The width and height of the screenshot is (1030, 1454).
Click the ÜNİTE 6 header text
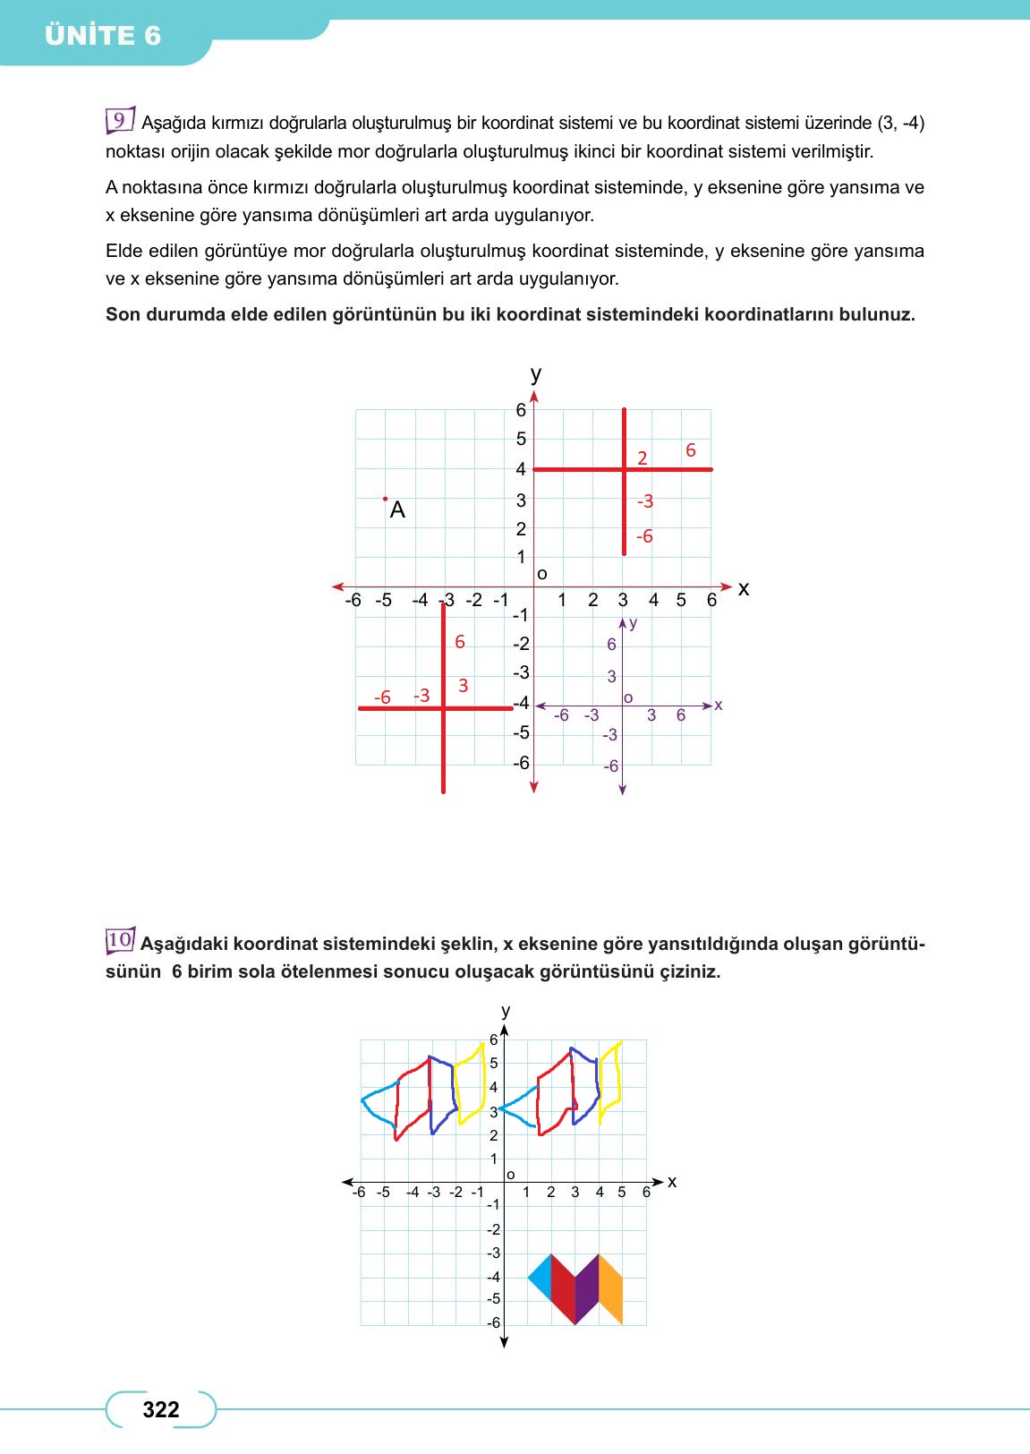tap(103, 36)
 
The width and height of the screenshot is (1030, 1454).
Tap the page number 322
tap(161, 1409)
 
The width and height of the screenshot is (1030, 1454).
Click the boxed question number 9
tap(119, 121)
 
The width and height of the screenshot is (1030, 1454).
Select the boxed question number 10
tap(120, 940)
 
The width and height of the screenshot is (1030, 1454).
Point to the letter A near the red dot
tap(398, 510)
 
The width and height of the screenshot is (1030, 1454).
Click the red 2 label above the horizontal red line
tap(642, 458)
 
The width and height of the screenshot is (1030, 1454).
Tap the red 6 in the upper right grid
tap(690, 450)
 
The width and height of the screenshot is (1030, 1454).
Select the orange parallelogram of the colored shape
tap(610, 1289)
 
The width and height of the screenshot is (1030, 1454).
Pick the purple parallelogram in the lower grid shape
tap(586, 1289)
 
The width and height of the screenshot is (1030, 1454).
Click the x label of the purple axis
tap(719, 706)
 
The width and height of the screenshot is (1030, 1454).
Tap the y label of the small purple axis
tap(634, 622)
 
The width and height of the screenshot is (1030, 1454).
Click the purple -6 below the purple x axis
tap(610, 766)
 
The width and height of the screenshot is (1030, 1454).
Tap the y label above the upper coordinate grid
tap(535, 374)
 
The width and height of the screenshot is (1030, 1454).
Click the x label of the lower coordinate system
tap(672, 1182)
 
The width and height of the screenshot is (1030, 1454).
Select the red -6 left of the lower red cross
tap(382, 697)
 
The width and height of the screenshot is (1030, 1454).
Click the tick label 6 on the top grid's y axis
tap(521, 410)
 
